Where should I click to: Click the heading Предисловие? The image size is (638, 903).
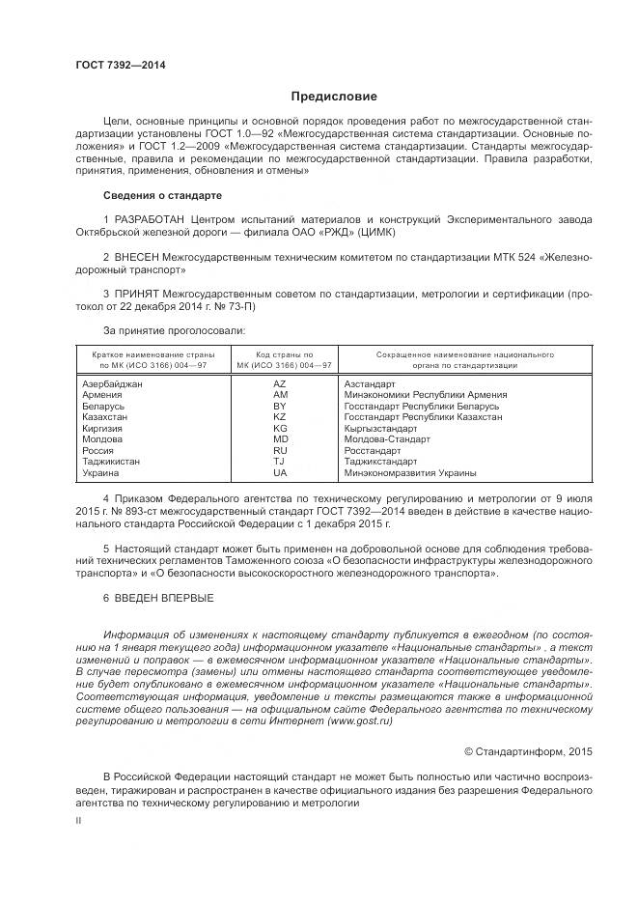pos(334,97)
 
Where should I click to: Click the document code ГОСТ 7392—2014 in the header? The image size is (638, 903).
pos(120,65)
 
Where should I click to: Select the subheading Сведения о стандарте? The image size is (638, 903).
pos(156,193)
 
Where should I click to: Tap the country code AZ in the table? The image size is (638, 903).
pos(280,384)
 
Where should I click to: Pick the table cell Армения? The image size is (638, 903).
pos(101,395)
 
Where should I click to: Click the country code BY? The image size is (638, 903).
pos(280,407)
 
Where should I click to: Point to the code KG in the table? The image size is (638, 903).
pos(280,428)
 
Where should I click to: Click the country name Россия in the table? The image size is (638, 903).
pos(98,451)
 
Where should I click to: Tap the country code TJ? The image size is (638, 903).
pos(280,462)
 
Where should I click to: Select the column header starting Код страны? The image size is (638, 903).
pos(280,360)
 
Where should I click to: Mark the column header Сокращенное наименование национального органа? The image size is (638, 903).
pos(464,360)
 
